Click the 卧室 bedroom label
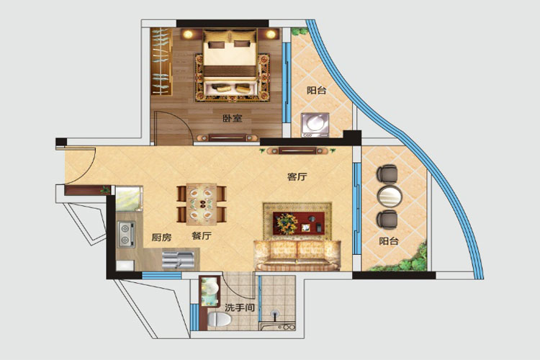(x=233, y=118)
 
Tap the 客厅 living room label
(x=297, y=176)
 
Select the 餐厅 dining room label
(x=202, y=236)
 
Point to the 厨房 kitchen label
(x=161, y=237)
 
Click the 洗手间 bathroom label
(x=240, y=307)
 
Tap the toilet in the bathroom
(x=219, y=320)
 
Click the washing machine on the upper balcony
(x=315, y=125)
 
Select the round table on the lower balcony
(x=390, y=197)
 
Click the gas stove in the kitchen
(x=126, y=234)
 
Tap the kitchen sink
(x=178, y=260)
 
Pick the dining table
(x=202, y=204)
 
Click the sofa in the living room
(x=297, y=255)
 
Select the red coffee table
(x=299, y=223)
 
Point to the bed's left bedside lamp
(x=188, y=34)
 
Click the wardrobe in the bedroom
(x=161, y=61)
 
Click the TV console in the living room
(x=297, y=150)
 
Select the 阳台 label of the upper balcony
(x=317, y=90)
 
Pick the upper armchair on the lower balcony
(x=387, y=174)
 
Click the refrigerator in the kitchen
(x=129, y=199)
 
